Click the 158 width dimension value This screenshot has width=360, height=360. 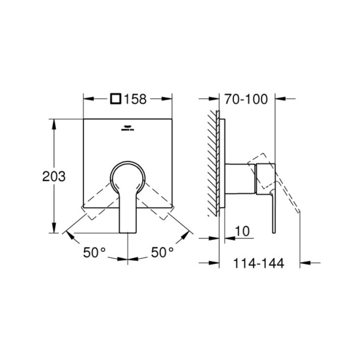(136, 99)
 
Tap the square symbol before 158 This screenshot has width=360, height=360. (117, 99)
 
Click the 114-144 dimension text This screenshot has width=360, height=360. (258, 263)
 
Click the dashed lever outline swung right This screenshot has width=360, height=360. (158, 204)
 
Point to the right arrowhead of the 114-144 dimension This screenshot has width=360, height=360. (302, 262)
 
